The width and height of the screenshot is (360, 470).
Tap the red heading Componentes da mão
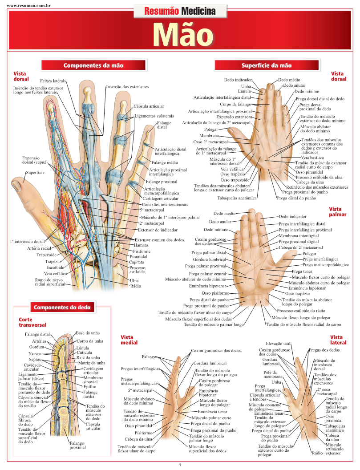coord(93,65)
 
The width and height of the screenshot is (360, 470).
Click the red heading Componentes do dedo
coord(63,307)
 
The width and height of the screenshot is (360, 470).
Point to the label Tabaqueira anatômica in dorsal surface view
coord(237,198)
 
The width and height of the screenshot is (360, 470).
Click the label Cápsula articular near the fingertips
coord(149,106)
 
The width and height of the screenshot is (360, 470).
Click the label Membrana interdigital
coord(299,235)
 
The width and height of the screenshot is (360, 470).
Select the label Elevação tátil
coord(278,344)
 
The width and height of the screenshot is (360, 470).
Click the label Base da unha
coord(88,333)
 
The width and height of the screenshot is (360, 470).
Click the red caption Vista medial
coord(129,340)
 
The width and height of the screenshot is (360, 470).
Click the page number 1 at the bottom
coord(180,465)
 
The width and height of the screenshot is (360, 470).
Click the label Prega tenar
coord(302,271)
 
